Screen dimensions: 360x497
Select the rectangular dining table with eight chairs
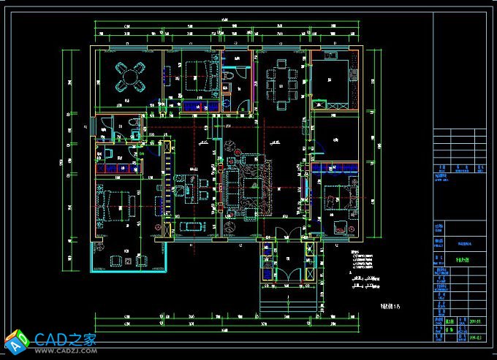280,82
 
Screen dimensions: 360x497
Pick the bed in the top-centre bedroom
197,74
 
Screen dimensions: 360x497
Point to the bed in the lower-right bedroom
338,196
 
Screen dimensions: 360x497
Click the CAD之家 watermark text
66,340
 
